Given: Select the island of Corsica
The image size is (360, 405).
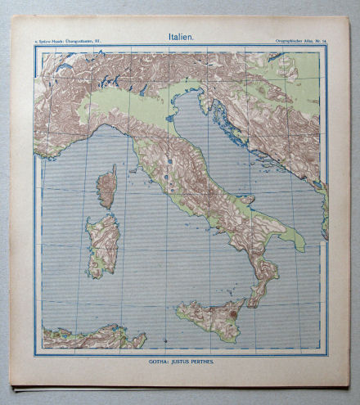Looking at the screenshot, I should tap(106, 187).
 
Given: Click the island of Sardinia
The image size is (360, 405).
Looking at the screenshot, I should tap(103, 244).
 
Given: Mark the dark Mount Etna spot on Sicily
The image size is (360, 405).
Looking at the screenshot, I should tap(233, 312).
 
